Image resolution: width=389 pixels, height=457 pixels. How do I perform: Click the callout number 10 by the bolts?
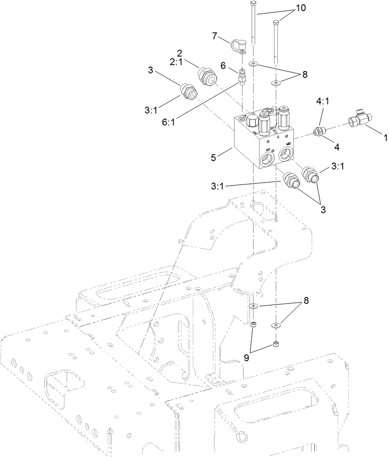point(300,9)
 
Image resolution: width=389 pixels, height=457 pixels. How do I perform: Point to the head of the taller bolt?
point(252,4)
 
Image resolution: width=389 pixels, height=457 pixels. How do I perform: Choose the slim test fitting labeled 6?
point(242,77)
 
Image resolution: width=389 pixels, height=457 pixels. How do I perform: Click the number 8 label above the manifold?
point(304,74)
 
